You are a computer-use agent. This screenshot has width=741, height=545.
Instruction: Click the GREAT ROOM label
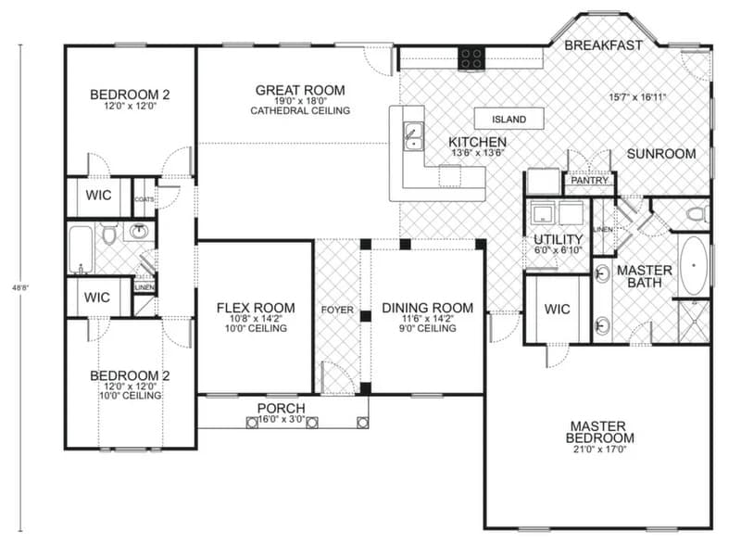point(300,90)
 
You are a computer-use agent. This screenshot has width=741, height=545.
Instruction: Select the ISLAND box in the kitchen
point(509,120)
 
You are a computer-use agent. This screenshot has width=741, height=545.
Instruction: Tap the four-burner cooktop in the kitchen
point(471,57)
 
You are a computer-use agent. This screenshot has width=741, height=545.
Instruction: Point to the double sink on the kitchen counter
point(412,136)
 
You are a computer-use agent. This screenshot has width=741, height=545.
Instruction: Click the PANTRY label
point(590,181)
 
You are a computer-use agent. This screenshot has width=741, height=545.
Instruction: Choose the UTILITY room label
point(557,239)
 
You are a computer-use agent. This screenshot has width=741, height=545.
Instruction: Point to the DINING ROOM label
point(427,308)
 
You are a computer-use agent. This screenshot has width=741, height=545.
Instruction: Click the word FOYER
point(337,310)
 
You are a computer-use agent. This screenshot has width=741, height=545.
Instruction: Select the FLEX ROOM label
point(256,308)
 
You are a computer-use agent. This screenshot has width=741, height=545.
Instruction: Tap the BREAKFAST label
point(603,44)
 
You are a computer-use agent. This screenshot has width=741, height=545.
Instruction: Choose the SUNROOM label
point(660,154)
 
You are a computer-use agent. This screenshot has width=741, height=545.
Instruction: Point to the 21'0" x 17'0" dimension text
point(601,450)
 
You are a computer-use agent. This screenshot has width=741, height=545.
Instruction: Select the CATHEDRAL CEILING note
point(300,111)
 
